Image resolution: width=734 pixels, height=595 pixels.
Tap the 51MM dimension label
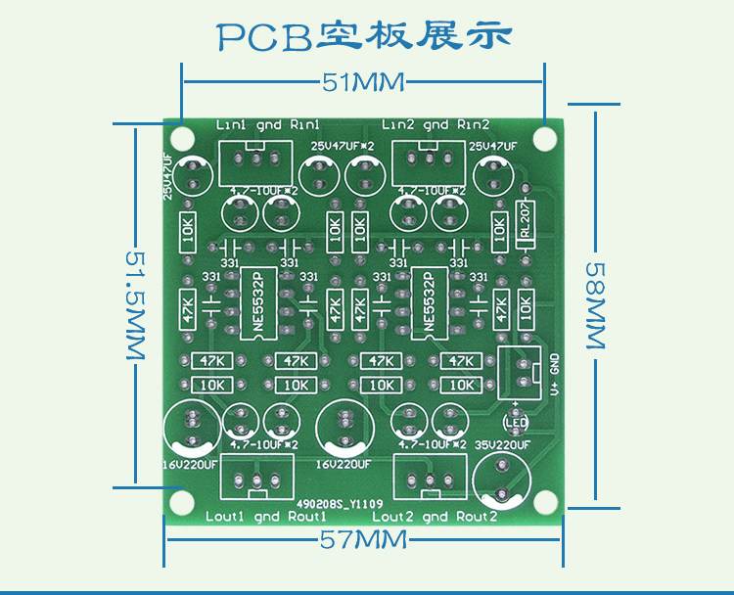click(x=363, y=82)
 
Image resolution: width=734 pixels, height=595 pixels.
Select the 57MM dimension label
click(x=363, y=539)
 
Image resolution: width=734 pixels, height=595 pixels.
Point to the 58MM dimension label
click(x=596, y=305)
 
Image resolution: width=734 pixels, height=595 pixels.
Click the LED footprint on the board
click(x=516, y=422)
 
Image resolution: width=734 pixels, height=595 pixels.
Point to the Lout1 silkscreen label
click(x=224, y=516)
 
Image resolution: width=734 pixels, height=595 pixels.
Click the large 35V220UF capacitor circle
click(x=501, y=481)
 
